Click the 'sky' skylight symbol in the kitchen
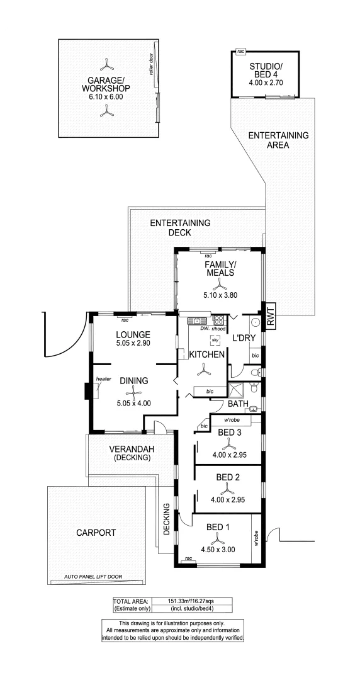coord(215,340)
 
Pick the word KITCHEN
coord(207,356)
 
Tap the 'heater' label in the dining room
coord(104,378)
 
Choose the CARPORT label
coord(96,532)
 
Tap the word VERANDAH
coord(129,449)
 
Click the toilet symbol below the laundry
coord(254,373)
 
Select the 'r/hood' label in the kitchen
coord(218,329)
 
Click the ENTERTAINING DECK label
coord(180,228)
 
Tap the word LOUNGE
coord(133,334)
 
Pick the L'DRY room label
coord(244,338)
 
